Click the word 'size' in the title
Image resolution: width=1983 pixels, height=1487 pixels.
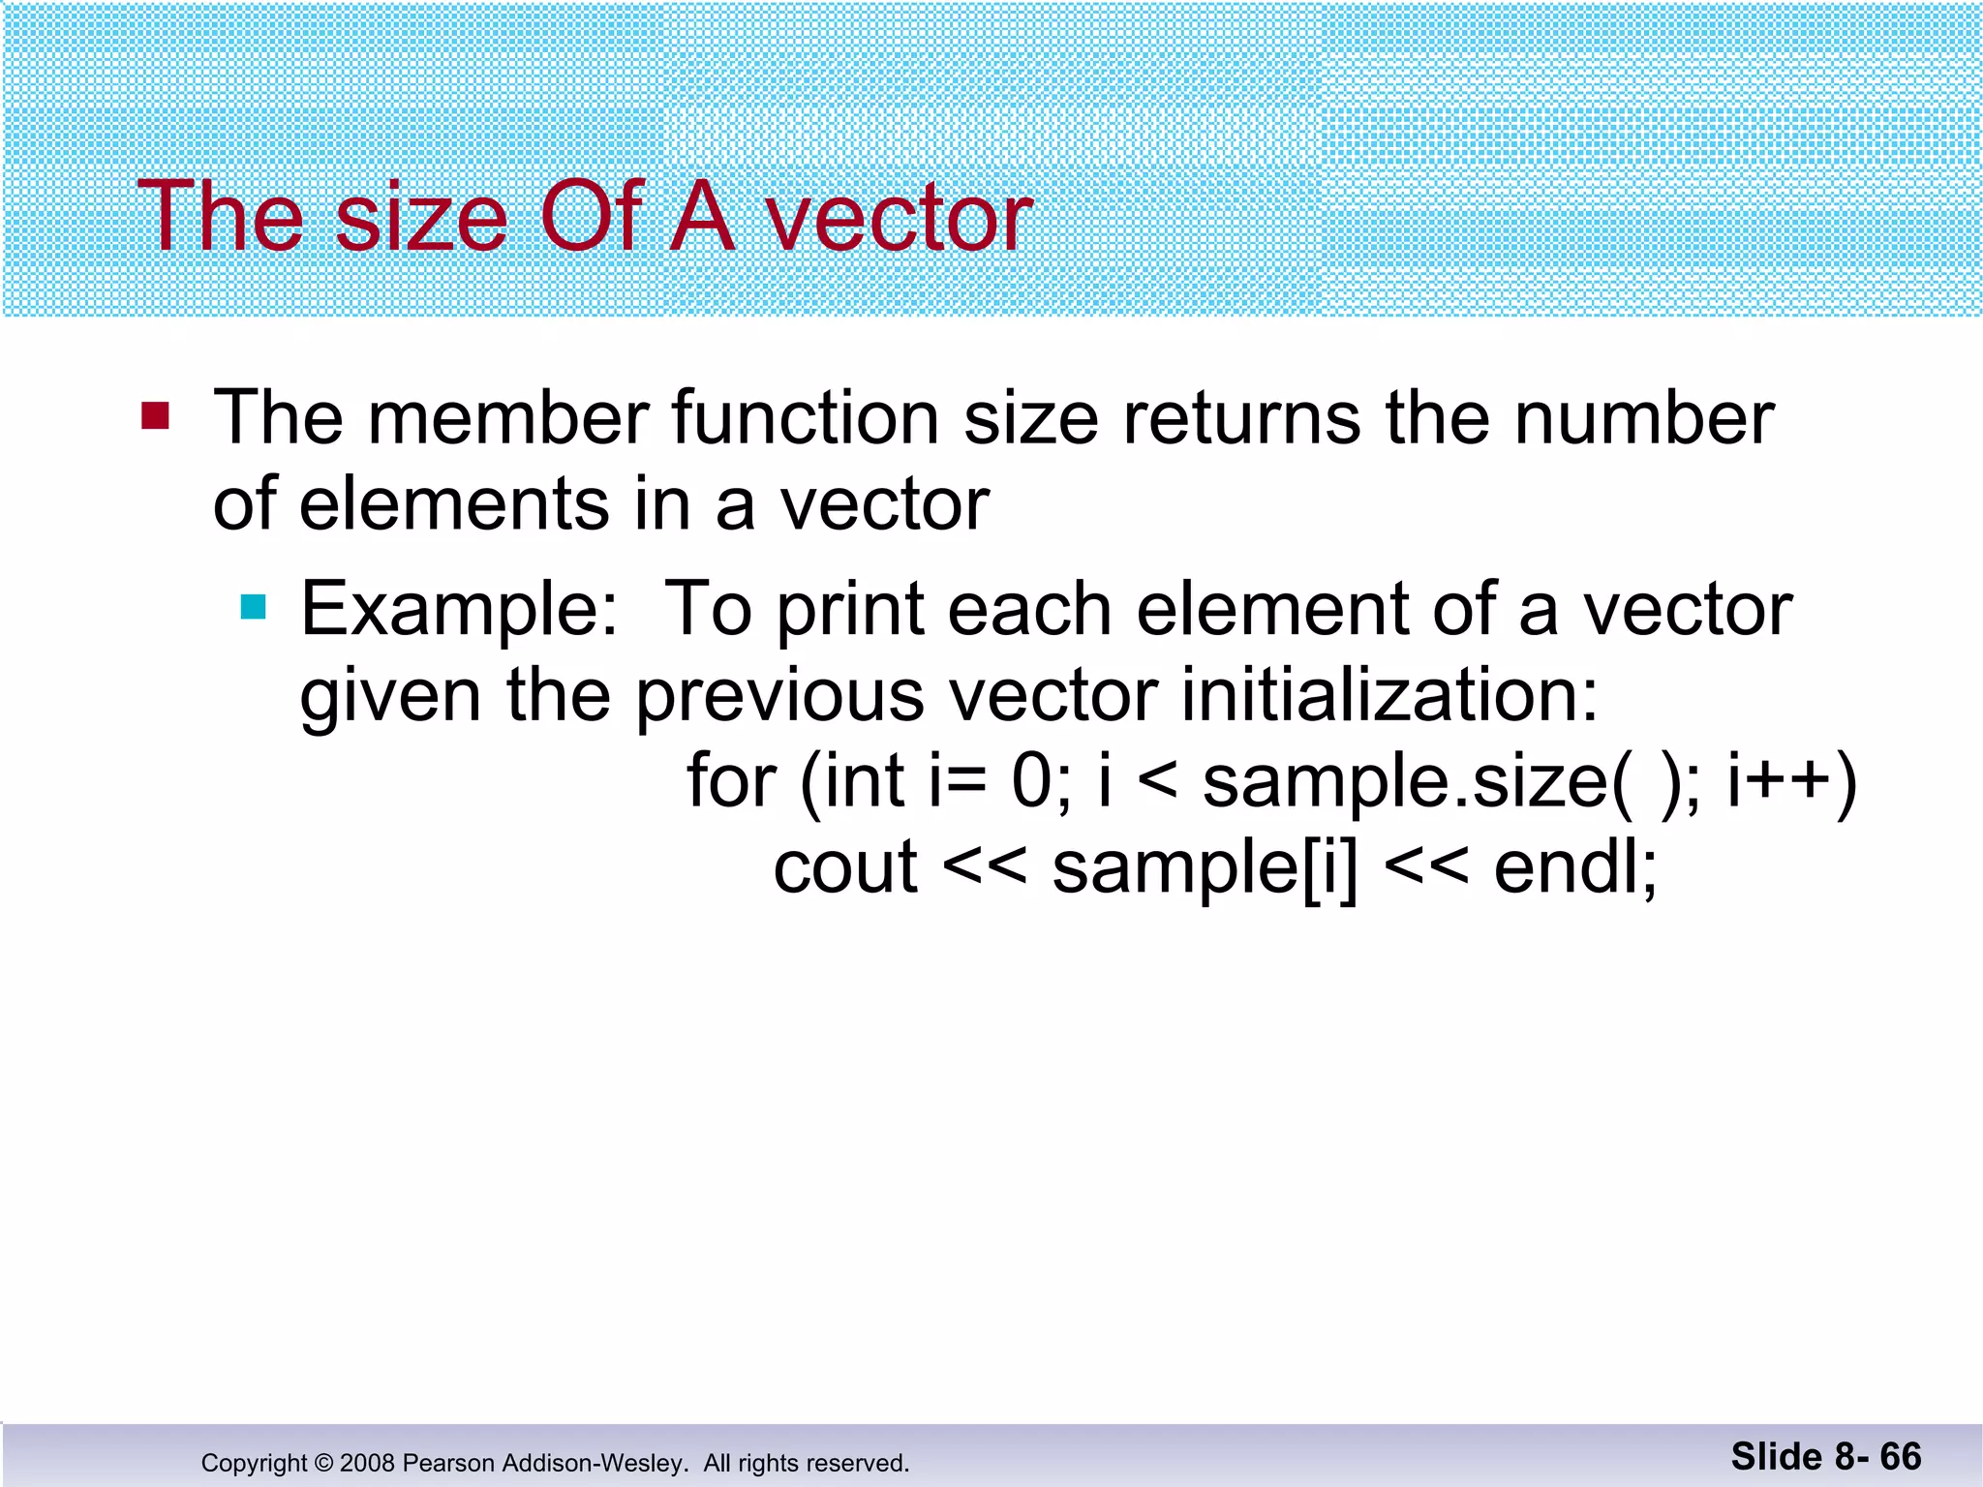pyautogui.click(x=421, y=218)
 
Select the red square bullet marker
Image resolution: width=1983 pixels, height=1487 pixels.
pyautogui.click(x=155, y=416)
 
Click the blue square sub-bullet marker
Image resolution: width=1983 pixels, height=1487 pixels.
pyautogui.click(x=253, y=607)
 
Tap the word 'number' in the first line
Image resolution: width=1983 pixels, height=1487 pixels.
pyautogui.click(x=1643, y=418)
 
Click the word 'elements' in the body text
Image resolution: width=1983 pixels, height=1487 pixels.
pyautogui.click(x=454, y=505)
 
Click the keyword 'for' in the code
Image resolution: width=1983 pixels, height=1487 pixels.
pyautogui.click(x=731, y=780)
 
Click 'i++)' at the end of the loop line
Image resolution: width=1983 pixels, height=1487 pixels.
pyautogui.click(x=1791, y=780)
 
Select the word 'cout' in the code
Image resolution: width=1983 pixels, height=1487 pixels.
pyautogui.click(x=845, y=867)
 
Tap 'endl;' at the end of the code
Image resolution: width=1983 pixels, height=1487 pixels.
pyautogui.click(x=1575, y=867)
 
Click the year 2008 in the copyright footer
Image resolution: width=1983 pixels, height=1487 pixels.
pyautogui.click(x=367, y=1463)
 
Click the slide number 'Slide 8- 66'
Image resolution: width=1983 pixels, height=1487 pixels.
pyautogui.click(x=1825, y=1457)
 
